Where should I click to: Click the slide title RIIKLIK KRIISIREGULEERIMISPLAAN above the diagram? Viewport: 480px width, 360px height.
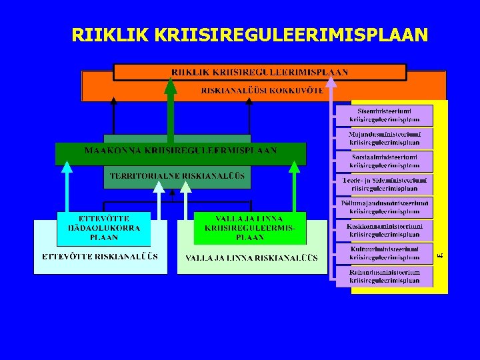[x=249, y=35]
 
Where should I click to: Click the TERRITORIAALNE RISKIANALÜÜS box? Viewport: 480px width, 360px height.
[x=177, y=178]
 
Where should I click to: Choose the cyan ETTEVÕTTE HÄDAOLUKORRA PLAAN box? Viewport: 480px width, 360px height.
[x=103, y=228]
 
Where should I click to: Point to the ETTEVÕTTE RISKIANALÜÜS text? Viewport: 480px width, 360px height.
[x=100, y=257]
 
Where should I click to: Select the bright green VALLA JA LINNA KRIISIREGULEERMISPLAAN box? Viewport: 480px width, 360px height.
[x=249, y=228]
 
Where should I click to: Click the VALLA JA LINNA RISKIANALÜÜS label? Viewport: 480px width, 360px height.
[x=251, y=258]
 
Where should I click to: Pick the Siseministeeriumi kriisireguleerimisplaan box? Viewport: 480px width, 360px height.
[x=385, y=115]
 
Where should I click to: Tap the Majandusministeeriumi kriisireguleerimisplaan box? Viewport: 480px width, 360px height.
[x=385, y=138]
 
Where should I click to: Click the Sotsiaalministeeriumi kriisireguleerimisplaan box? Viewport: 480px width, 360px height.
[x=385, y=161]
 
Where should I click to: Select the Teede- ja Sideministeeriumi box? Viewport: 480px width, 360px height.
[x=385, y=184]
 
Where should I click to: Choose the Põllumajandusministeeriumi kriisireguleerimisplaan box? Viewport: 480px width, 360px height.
[x=385, y=207]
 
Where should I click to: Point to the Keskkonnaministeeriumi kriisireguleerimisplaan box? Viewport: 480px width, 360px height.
[x=385, y=230]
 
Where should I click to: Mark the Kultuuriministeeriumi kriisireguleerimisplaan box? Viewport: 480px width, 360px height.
[x=385, y=253]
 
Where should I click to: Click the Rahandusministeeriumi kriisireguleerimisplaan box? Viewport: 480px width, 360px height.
[x=385, y=276]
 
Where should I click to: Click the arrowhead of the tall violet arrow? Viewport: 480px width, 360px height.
[x=331, y=81]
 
